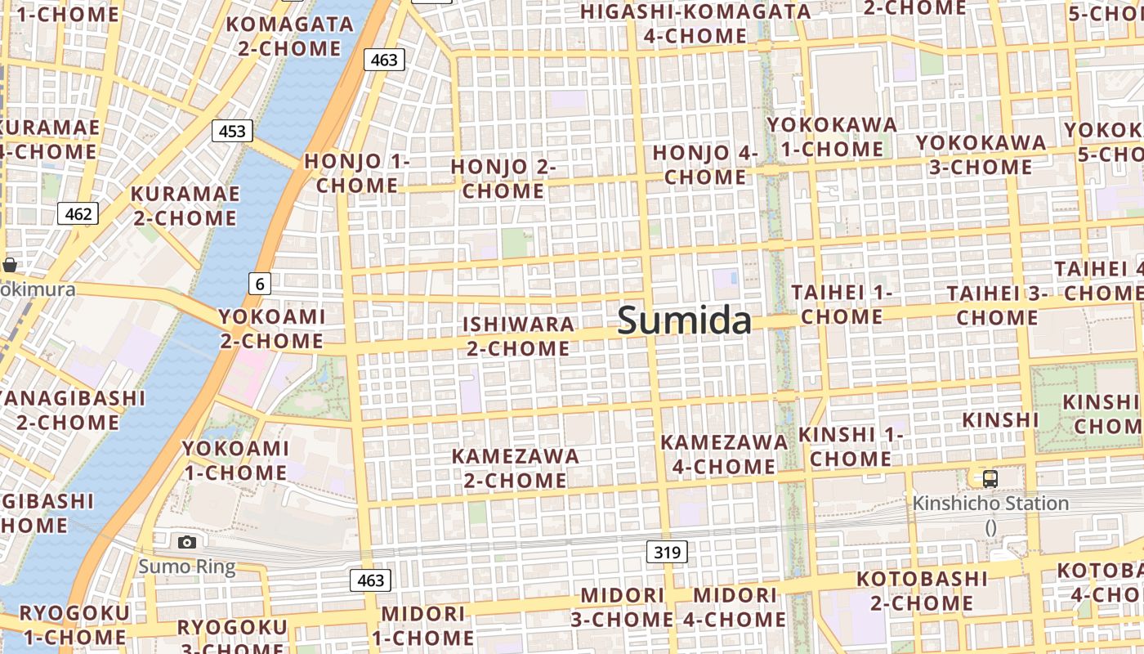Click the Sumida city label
[x=684, y=320]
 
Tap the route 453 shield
[x=232, y=131]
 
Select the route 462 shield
[x=78, y=214]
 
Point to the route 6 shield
[x=260, y=284]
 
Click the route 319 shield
[x=667, y=553]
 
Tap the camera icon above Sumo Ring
[x=187, y=542]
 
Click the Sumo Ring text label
[x=186, y=567]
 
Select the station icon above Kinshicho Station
[x=990, y=479]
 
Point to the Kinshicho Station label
[x=990, y=504]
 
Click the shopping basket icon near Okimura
[x=10, y=265]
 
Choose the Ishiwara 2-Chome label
[x=518, y=336]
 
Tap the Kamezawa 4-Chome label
[x=724, y=454]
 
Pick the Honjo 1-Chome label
[x=357, y=173]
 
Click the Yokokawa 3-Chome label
[x=981, y=155]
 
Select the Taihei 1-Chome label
[x=842, y=304]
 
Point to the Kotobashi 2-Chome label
[x=922, y=591]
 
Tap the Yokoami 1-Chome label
[x=235, y=460]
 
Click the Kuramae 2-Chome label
[x=185, y=206]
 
